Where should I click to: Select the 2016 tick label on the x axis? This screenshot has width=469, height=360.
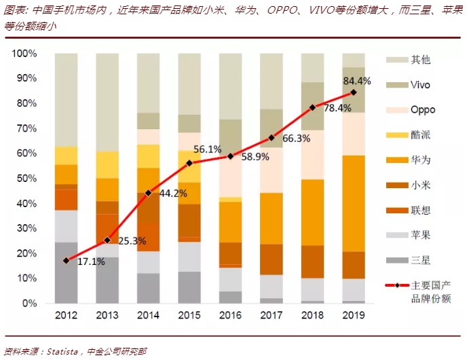point(231,315)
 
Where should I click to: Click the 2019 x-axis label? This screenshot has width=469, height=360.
point(353,315)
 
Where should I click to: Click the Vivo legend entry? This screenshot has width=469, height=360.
point(420,85)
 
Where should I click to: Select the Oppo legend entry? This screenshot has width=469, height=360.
point(423,110)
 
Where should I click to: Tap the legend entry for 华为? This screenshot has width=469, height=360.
point(420,160)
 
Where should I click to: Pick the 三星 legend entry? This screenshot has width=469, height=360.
point(420,260)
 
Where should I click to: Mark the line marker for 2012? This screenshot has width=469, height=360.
point(66,260)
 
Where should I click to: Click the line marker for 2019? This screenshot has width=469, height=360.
point(353,92)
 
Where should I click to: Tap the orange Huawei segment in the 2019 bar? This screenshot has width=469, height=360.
point(353,204)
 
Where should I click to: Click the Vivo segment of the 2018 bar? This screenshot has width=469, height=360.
point(312,106)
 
